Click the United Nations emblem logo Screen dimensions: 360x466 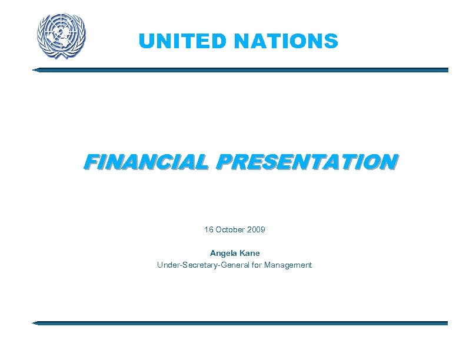click(x=61, y=35)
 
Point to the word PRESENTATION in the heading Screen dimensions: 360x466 click(x=305, y=161)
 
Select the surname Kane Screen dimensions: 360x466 click(x=249, y=253)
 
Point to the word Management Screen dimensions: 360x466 click(x=288, y=265)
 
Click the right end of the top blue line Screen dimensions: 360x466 click(x=447, y=70)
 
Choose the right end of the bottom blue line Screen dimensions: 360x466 click(x=447, y=323)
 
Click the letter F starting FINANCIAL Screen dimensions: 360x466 click(x=89, y=161)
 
